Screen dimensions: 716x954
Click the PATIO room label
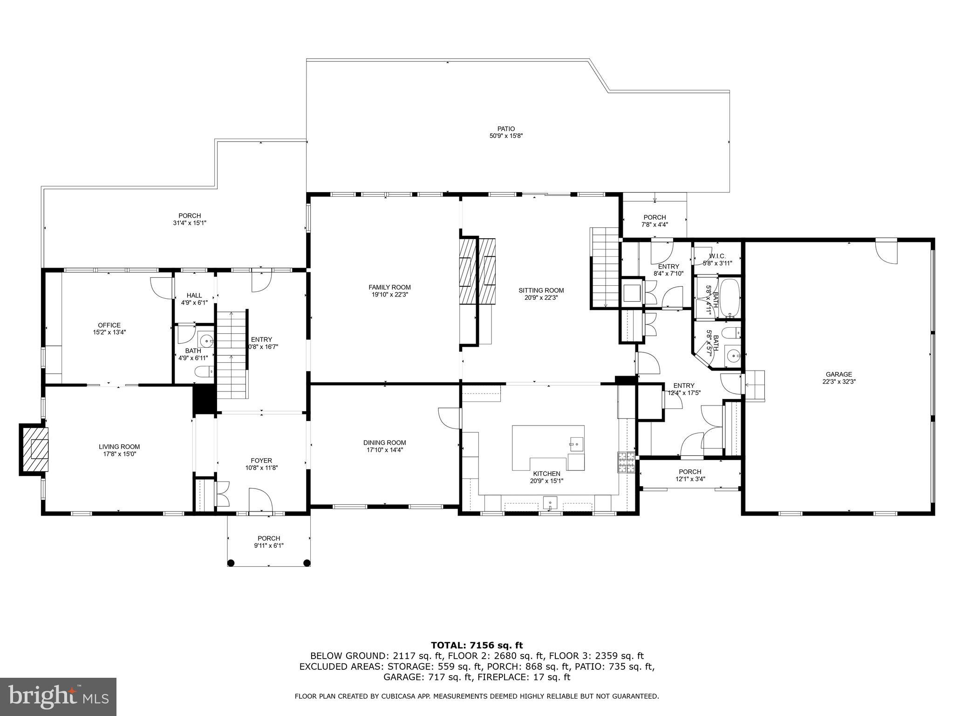[505, 129]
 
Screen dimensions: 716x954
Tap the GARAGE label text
[838, 374]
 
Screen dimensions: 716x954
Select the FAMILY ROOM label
[389, 287]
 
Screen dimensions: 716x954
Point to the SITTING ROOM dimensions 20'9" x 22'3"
[541, 297]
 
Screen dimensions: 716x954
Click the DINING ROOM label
[384, 442]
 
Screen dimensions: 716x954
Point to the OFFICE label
[109, 325]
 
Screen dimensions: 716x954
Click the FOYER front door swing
[260, 501]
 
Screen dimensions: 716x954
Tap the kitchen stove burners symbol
[627, 462]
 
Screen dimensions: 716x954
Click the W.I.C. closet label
[717, 256]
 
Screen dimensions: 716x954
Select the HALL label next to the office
[194, 295]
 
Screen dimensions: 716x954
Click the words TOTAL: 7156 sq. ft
[477, 645]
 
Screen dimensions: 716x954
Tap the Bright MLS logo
[58, 697]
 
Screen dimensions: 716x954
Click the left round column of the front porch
[231, 563]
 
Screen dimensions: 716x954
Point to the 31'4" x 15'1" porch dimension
[190, 223]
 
